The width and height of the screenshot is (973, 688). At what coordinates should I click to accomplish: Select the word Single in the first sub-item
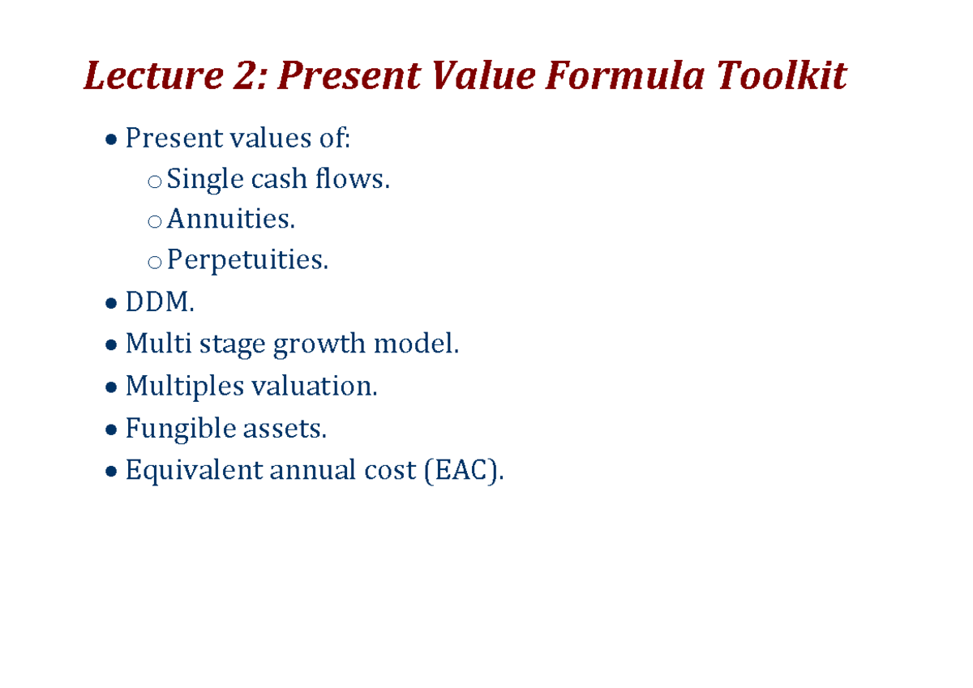point(204,179)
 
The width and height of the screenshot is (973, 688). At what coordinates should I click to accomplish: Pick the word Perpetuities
point(247,260)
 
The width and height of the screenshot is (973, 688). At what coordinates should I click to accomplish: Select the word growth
point(319,344)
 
